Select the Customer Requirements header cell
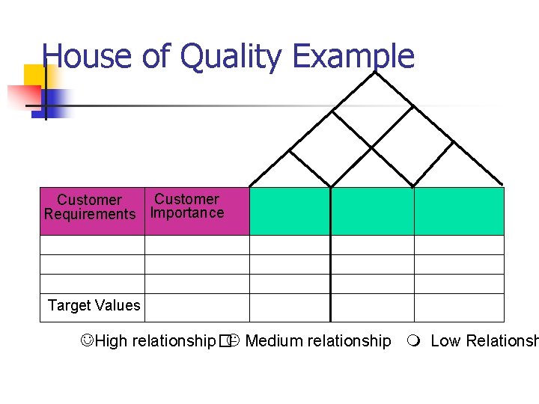click(x=90, y=207)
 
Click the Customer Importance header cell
click(x=187, y=206)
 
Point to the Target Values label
click(x=94, y=305)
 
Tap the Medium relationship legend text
click(x=317, y=341)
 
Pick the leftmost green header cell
click(x=289, y=211)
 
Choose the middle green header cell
click(x=372, y=211)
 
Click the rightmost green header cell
click(x=459, y=211)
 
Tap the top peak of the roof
click(x=375, y=72)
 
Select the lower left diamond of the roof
click(x=331, y=150)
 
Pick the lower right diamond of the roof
click(x=413, y=150)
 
